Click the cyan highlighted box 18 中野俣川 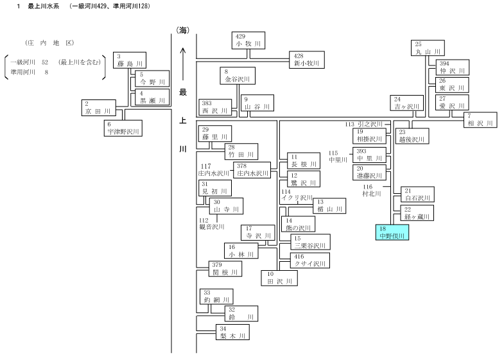392,232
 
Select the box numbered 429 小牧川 248,40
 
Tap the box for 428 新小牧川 307,60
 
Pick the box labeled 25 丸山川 428,48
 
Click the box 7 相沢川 480,120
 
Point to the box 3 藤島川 130,60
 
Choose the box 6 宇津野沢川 123,128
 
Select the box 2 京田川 98,108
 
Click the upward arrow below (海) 183,64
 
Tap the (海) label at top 182,31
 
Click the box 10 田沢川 279,278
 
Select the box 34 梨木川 232,332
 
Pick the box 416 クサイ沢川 310,261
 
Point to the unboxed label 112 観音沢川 212,224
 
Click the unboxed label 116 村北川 372,191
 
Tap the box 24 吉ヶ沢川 406,103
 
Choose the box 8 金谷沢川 238,76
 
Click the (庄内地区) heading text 49,43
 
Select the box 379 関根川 225,269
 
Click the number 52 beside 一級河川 45,62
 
